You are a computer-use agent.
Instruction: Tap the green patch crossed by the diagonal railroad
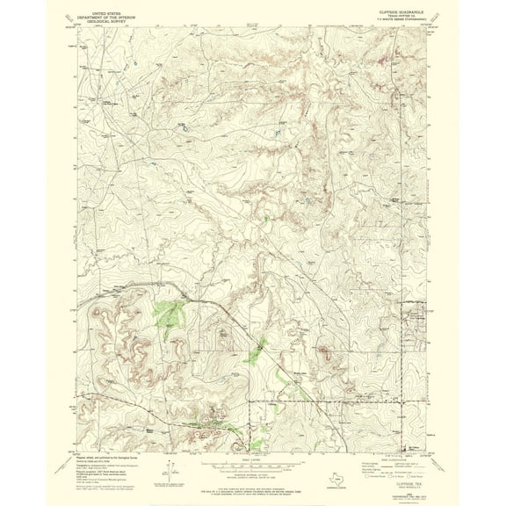(256, 352)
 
